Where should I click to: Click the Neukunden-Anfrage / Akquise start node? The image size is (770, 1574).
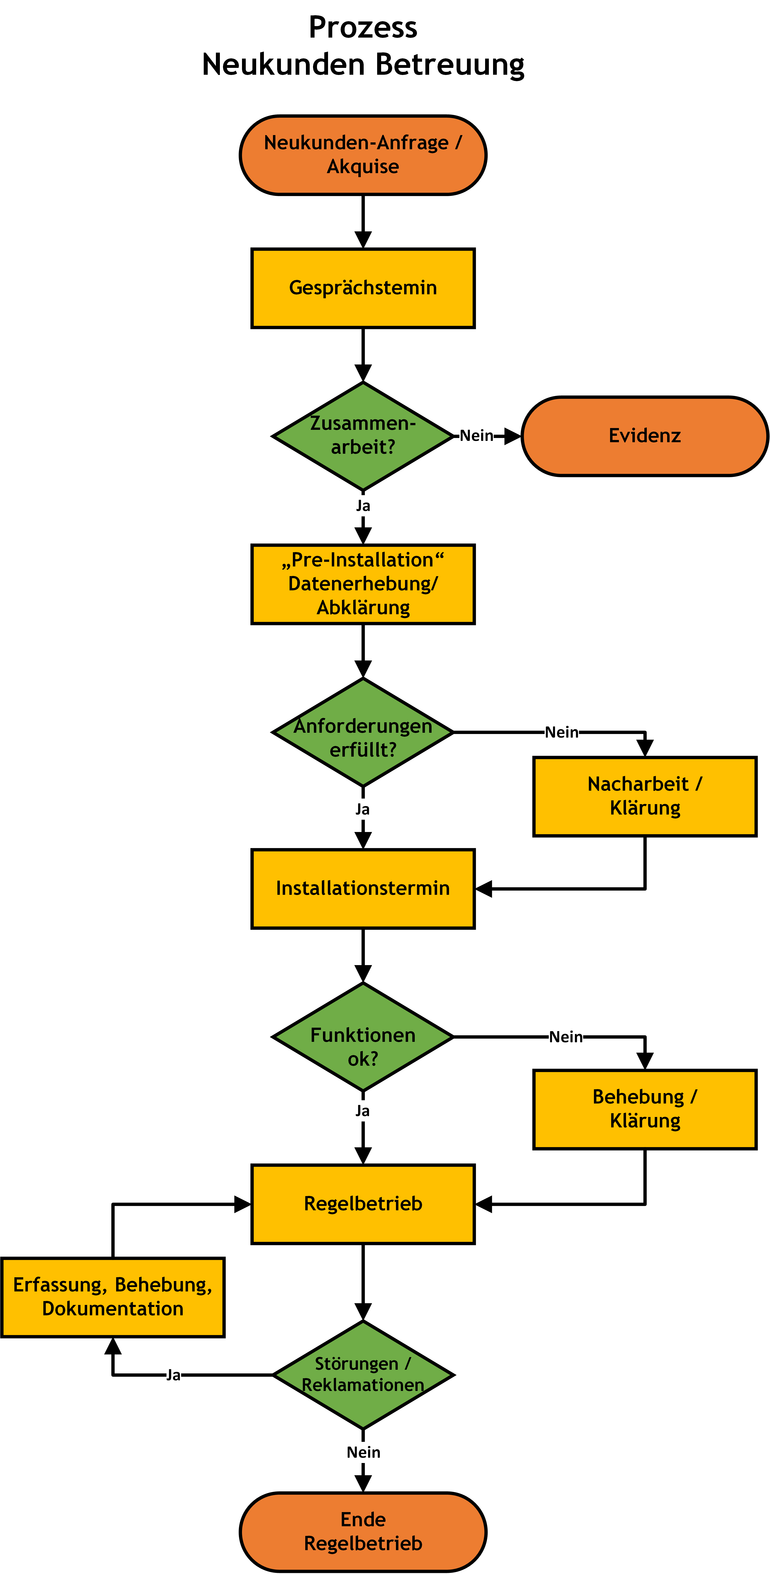tap(363, 155)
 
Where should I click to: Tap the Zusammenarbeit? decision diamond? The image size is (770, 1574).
tap(363, 436)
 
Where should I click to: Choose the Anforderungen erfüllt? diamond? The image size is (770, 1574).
tap(363, 732)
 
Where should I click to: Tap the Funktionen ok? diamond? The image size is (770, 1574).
tap(363, 1037)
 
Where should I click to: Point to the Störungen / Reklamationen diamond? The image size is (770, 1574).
tap(363, 1375)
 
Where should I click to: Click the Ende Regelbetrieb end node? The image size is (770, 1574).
tap(363, 1532)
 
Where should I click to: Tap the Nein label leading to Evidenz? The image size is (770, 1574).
tap(476, 436)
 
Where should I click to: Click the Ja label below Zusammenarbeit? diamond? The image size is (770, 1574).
tap(363, 506)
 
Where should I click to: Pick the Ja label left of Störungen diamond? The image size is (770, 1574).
tap(174, 1375)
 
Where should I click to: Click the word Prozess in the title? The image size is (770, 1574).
tap(363, 27)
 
